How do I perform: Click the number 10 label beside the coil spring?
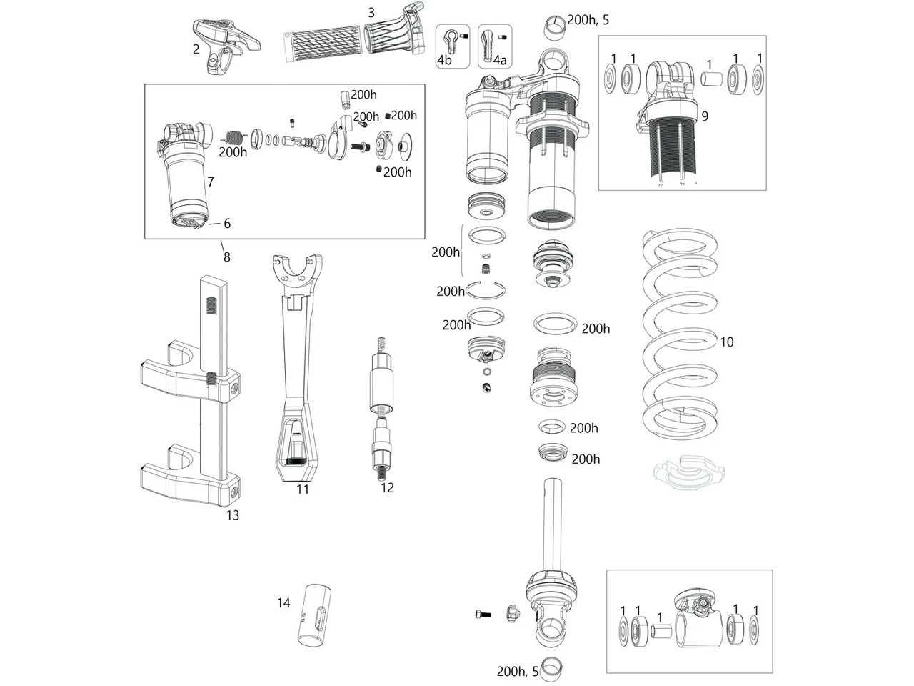point(726,342)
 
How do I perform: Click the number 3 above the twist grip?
point(371,12)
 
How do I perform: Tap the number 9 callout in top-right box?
point(705,116)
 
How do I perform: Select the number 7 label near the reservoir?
point(211,182)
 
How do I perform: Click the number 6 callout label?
point(227,224)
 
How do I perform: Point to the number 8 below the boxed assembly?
point(226,257)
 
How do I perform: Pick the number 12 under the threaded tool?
point(387,488)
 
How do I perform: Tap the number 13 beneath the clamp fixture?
point(232,515)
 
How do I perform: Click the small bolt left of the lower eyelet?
point(483,614)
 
